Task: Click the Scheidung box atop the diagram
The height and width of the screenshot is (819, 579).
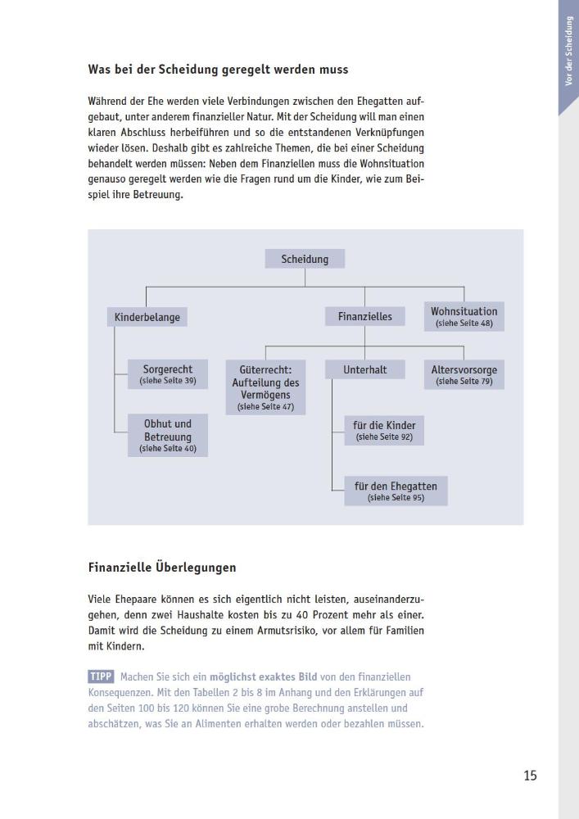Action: tap(305, 259)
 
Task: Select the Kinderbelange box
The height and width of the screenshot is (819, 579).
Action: tap(147, 317)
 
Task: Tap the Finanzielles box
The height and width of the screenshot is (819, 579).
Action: tap(364, 316)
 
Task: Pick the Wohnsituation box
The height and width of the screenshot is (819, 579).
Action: tap(464, 316)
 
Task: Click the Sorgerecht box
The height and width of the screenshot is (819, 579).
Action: tap(168, 374)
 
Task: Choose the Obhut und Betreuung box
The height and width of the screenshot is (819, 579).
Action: tap(168, 435)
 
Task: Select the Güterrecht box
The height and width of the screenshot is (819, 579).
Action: tap(265, 387)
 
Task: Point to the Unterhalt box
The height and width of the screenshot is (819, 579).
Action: tap(365, 370)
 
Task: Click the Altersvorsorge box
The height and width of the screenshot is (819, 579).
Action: tap(464, 374)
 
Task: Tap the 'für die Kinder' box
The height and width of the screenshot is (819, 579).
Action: tap(384, 430)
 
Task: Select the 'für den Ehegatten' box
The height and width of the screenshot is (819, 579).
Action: tap(396, 491)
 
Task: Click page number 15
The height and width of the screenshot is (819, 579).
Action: tap(530, 775)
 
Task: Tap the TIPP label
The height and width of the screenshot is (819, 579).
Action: tap(101, 676)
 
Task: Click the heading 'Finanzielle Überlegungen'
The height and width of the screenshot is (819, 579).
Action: tap(162, 566)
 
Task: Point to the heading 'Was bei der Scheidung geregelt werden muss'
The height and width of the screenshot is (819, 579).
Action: tap(223, 70)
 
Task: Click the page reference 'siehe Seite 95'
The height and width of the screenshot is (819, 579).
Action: tap(396, 497)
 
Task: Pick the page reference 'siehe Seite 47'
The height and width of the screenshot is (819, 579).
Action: tap(265, 406)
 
